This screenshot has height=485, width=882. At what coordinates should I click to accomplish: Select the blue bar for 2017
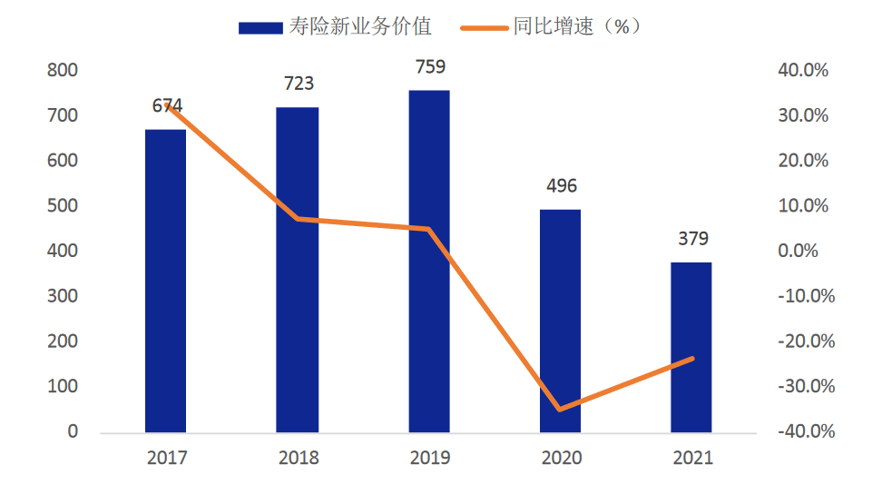165,281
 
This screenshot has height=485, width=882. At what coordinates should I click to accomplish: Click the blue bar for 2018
297,270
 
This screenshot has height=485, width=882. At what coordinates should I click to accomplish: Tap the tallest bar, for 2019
429,262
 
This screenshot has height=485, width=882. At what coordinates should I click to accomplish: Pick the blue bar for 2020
560,322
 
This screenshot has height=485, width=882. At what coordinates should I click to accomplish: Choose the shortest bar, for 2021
691,348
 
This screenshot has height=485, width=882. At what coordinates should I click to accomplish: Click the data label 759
430,67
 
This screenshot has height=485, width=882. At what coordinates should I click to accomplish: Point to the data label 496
562,186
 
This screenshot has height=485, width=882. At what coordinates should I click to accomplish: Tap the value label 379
693,239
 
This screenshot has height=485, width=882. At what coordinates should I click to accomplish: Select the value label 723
299,84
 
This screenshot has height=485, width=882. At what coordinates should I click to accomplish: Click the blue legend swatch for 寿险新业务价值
260,27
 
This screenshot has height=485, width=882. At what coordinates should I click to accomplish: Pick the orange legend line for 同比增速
485,27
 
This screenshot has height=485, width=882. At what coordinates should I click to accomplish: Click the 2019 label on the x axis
430,458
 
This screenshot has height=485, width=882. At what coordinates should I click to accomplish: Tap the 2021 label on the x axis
693,458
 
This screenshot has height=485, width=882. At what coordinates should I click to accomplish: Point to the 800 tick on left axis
63,70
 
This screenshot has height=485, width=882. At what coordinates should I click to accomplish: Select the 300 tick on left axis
63,296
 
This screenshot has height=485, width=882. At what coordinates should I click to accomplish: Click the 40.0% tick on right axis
803,70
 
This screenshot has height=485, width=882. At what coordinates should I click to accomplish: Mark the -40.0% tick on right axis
807,431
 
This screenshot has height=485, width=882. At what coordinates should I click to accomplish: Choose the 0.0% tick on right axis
799,251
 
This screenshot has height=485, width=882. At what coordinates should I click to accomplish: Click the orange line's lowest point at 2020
560,409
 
